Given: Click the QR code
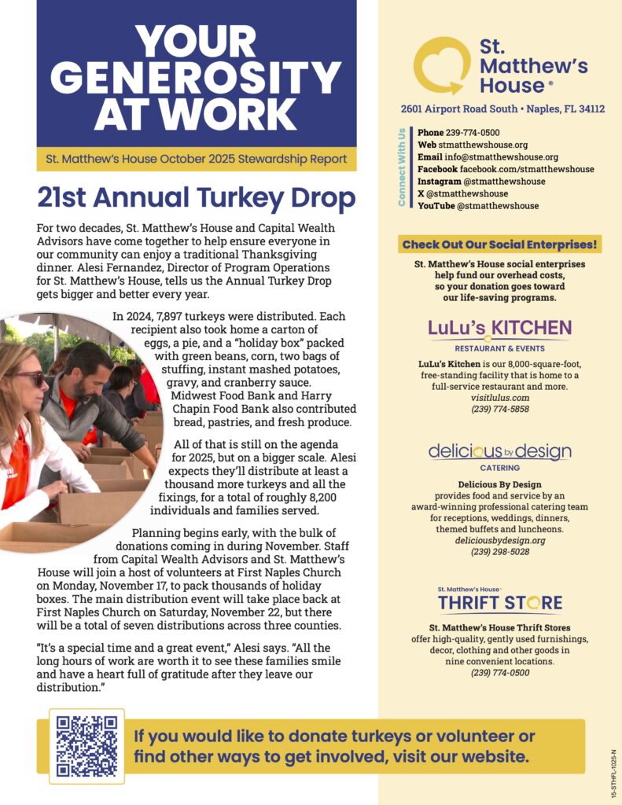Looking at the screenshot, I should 86,746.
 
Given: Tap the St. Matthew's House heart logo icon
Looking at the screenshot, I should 442,66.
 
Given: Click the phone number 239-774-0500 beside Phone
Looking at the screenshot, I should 473,133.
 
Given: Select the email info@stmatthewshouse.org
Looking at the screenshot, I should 499,157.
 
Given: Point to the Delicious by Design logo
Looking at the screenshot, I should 499,452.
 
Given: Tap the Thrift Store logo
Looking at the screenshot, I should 499,601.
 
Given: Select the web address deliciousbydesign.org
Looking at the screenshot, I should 499,541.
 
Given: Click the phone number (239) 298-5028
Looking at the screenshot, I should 499,552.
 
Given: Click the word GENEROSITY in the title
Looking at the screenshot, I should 196,77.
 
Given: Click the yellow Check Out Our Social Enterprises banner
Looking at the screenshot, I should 499,244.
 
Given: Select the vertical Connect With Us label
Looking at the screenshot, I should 402,167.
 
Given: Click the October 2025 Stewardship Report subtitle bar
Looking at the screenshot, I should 196,159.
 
